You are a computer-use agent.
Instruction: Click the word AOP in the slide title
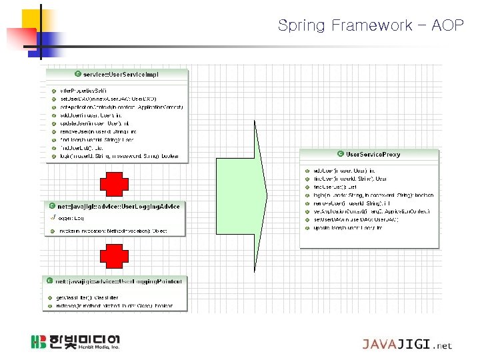tap(448, 26)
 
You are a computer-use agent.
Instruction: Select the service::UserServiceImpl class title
tap(120, 75)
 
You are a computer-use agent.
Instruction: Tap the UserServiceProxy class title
tap(373, 155)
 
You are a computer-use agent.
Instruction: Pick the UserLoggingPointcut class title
tap(118, 282)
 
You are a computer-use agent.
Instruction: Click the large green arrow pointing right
tap(241, 193)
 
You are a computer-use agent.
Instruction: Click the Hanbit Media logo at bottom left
tap(75, 342)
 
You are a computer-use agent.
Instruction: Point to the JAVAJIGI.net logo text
tap(407, 345)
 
